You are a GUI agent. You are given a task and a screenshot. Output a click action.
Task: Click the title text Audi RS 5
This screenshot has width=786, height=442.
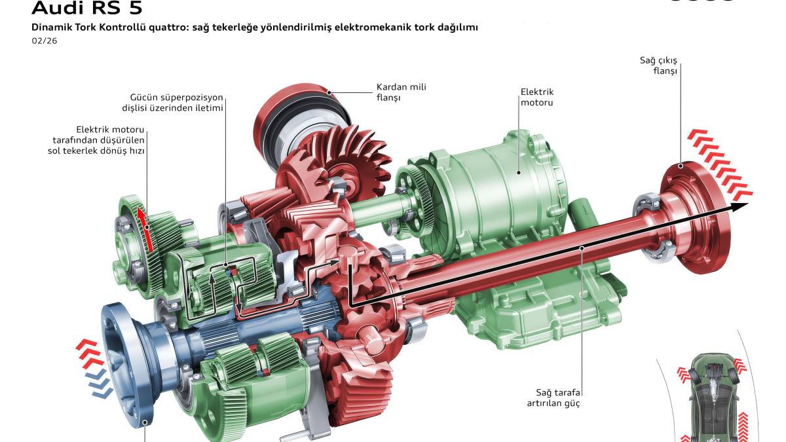pyautogui.click(x=87, y=8)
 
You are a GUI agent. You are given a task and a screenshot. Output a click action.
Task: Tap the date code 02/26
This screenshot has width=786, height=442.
pyautogui.click(x=45, y=41)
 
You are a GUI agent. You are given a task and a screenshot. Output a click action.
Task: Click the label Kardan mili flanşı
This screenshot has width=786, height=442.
pyautogui.click(x=401, y=92)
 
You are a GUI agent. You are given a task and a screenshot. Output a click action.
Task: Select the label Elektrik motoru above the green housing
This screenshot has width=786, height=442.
pyautogui.click(x=537, y=97)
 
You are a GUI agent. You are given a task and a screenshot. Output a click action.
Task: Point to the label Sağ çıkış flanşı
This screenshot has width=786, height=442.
pyautogui.click(x=658, y=65)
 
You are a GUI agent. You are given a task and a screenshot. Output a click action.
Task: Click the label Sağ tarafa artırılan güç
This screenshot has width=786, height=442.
pyautogui.click(x=553, y=397)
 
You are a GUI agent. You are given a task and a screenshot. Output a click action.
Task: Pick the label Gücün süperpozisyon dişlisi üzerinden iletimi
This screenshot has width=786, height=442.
pyautogui.click(x=173, y=102)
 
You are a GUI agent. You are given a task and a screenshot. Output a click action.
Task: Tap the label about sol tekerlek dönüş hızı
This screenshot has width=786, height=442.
pyautogui.click(x=96, y=140)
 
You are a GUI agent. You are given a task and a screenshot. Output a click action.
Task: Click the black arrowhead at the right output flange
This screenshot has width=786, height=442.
pyautogui.click(x=739, y=207)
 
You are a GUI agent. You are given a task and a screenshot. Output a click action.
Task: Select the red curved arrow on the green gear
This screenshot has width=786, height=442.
pyautogui.click(x=145, y=229)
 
